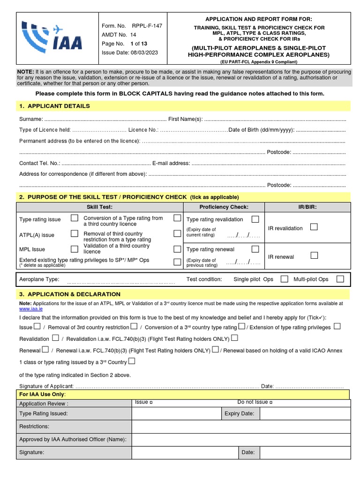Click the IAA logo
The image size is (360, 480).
[53, 37]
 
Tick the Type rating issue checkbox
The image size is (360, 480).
[75, 218]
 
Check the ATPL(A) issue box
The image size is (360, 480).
[75, 233]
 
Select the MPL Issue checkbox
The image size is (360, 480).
[75, 249]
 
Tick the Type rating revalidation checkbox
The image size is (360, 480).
[255, 219]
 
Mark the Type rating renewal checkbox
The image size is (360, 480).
[255, 249]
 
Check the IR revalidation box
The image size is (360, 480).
[314, 227]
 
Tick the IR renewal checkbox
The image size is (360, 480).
[314, 255]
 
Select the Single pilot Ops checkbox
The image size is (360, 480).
[284, 279]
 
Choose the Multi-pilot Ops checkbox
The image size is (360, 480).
[340, 279]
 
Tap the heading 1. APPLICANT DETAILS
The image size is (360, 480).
[54, 106]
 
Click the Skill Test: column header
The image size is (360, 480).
[99, 207]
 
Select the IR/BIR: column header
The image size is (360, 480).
[307, 207]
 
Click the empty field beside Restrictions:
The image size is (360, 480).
[241, 427]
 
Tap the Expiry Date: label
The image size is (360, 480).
[239, 413]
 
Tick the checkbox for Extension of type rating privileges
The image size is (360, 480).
[337, 326]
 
